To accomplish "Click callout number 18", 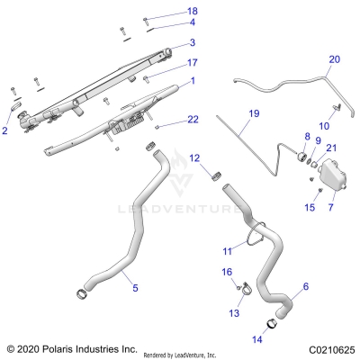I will coord(192,11).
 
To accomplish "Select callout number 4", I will coord(192,22).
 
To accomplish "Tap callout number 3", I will coord(192,42).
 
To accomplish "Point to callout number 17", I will coord(192,63).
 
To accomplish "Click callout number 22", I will coord(192,119).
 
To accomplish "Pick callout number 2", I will coord(5,131).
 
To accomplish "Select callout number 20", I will coord(335,59).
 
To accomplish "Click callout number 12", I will coord(193,158).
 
